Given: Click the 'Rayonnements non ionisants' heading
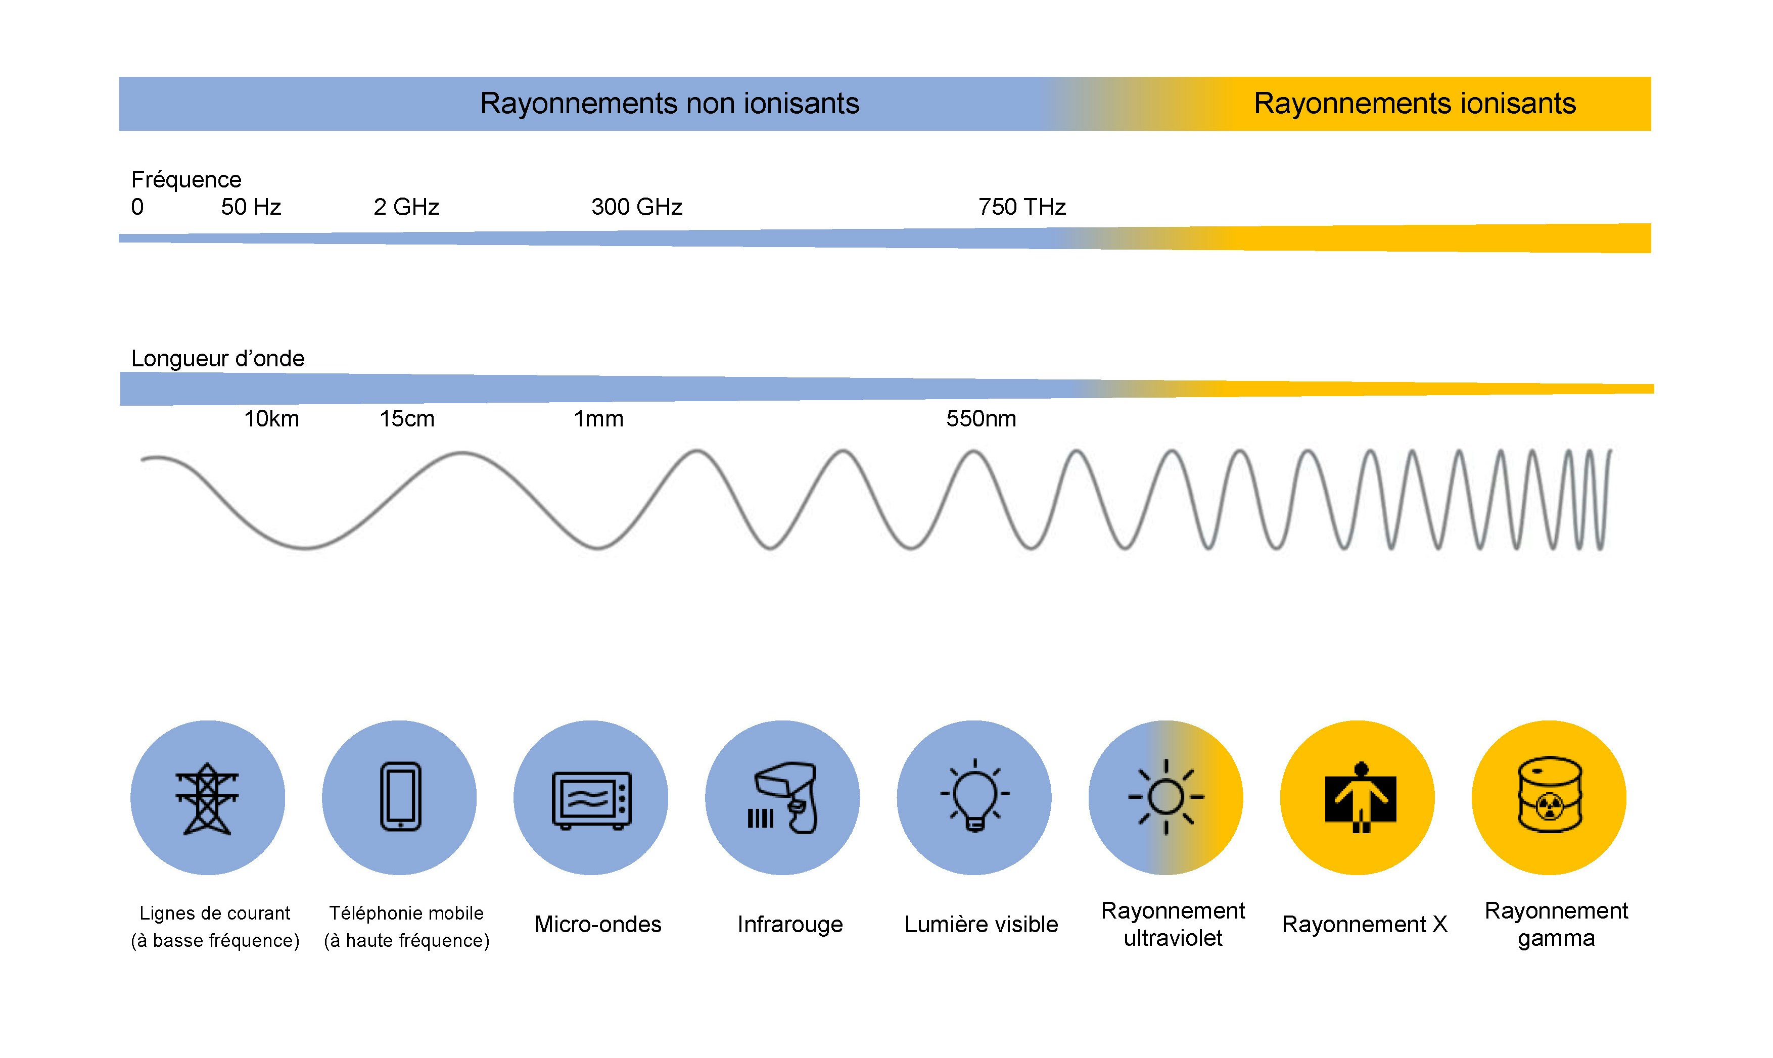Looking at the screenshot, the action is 669,104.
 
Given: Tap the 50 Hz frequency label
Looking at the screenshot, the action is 251,207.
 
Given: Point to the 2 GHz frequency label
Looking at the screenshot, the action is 406,207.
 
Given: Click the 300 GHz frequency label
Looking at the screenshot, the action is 636,207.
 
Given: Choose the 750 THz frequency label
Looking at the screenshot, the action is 1021,207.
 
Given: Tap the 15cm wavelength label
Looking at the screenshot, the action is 406,418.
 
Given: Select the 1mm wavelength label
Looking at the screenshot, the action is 598,418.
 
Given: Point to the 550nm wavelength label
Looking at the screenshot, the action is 982,418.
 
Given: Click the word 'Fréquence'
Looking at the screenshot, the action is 186,180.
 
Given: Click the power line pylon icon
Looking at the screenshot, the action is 207,798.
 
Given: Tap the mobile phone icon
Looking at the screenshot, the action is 400,796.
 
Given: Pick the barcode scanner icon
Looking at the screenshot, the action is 782,798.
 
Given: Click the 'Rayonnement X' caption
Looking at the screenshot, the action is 1364,925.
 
